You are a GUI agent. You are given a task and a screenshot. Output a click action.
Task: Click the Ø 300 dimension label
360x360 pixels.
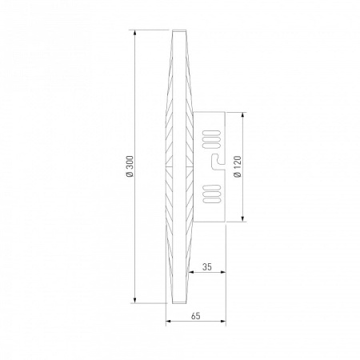coord(130,166)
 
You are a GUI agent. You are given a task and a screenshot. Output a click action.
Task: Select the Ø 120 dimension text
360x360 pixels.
coord(237,166)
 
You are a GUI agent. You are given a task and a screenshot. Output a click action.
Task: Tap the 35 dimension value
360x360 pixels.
coord(207,266)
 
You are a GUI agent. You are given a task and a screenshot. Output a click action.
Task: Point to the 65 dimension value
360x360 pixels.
coord(195,316)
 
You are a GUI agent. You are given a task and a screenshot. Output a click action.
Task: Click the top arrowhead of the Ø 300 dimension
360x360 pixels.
coord(135,34)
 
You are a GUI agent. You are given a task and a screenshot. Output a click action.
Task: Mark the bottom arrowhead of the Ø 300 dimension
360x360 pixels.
coord(135,299)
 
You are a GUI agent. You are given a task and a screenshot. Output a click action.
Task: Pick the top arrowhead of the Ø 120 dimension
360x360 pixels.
coord(242,116)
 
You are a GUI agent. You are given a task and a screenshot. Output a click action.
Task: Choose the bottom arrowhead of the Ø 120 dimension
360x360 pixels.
coord(242,218)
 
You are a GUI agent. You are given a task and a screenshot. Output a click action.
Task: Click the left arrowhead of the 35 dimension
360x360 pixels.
coord(191,272)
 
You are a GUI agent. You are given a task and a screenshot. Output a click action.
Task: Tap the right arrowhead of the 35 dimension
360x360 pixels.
coord(222,272)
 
